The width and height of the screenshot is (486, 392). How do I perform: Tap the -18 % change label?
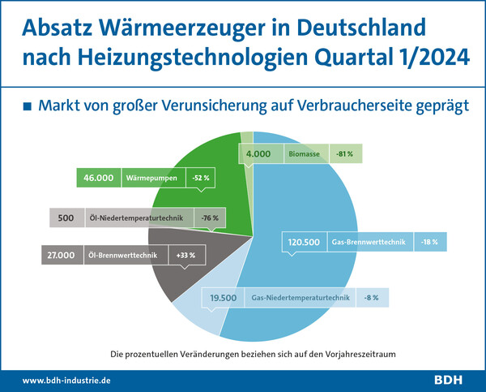(430, 242)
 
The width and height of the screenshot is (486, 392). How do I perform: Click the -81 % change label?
(346, 153)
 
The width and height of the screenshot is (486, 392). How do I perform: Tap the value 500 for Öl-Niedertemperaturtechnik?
(66, 218)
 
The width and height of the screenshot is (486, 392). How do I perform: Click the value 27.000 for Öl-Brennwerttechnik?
(62, 256)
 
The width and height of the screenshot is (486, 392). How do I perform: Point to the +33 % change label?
(185, 256)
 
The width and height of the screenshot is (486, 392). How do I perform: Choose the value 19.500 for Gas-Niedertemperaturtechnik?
(223, 298)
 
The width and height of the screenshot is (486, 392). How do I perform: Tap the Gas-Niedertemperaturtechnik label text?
(301, 298)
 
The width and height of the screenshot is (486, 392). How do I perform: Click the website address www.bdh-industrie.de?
(67, 379)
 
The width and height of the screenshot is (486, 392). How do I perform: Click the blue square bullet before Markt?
(28, 106)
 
